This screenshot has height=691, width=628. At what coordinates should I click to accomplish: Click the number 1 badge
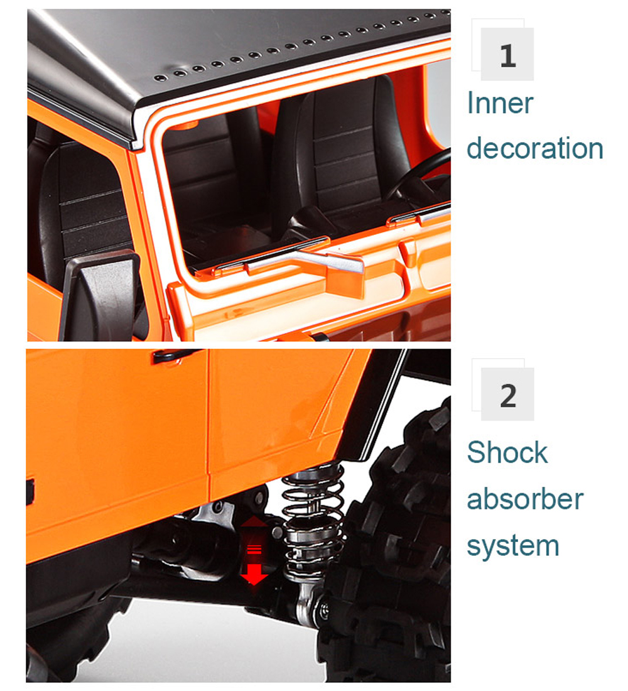click(x=507, y=54)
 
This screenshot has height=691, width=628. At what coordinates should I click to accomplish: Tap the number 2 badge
click(x=507, y=394)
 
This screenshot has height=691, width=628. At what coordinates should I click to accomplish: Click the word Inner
click(x=500, y=102)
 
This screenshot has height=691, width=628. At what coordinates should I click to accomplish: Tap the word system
click(x=513, y=547)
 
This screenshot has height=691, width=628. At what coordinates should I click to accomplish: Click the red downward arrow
click(x=254, y=574)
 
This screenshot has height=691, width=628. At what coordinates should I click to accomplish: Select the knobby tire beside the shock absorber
click(x=388, y=542)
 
